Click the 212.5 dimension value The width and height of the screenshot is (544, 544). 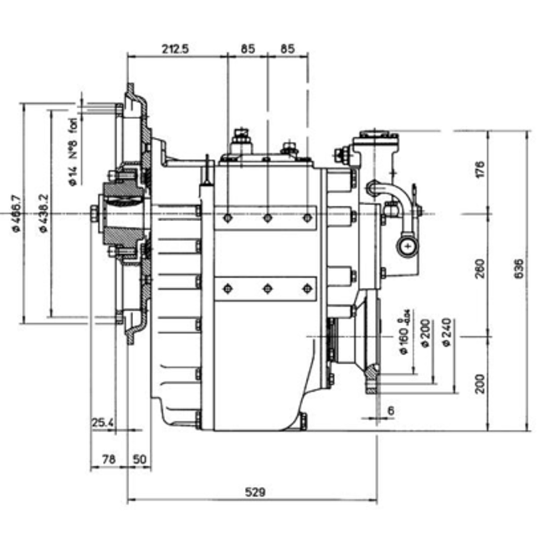[x=176, y=49]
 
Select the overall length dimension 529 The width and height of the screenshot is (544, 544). [x=256, y=493]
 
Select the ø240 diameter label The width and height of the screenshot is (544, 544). [x=449, y=332]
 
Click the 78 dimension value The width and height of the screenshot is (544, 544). [x=108, y=459]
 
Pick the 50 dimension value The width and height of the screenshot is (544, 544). [x=139, y=459]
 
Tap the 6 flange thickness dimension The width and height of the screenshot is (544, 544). [x=391, y=411]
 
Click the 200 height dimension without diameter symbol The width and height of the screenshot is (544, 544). [x=480, y=383]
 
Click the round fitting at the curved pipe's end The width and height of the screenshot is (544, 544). [x=407, y=246]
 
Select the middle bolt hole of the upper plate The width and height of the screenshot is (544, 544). [x=267, y=218]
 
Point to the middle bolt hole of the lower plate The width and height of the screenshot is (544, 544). [x=267, y=290]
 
